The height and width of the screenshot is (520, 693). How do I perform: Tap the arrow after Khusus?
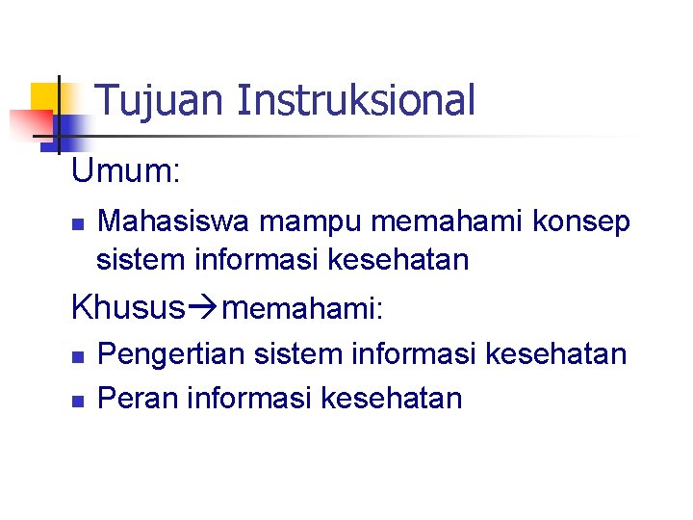pos(202,308)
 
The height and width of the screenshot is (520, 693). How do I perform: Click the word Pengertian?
pos(173,354)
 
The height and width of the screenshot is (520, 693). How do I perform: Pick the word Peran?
pos(141,398)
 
